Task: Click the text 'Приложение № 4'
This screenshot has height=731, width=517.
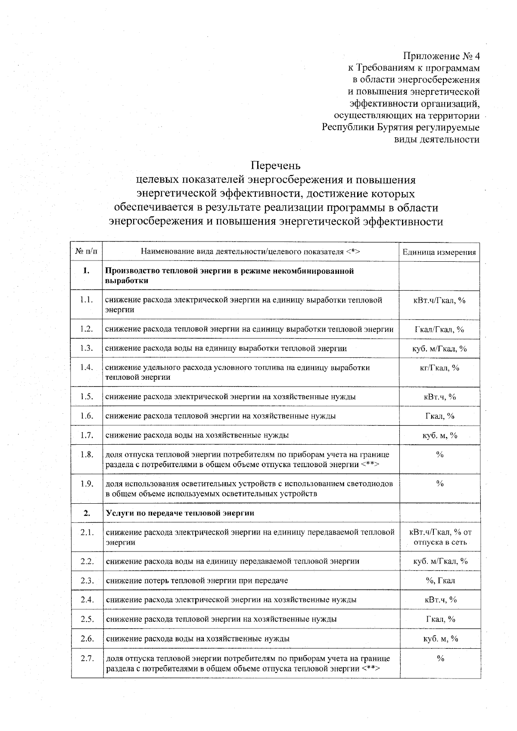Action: coord(441,56)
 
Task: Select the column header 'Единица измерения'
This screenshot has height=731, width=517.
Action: coord(439,252)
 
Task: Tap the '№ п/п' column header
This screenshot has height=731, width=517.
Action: coord(87,252)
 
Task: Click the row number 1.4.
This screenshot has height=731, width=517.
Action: coord(87,367)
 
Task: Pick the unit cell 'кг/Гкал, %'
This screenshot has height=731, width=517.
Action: coord(439,368)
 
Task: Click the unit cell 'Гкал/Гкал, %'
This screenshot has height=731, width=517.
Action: coord(439,330)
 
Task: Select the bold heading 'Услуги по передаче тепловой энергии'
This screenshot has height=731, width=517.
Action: coord(180,513)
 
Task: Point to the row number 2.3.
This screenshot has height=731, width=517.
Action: coord(87,580)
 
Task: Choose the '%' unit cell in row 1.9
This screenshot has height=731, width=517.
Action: coord(440,484)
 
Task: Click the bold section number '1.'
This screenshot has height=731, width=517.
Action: coord(87,271)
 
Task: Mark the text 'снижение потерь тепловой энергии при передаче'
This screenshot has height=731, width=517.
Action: coord(197,580)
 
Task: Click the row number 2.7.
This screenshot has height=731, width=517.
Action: coord(87,658)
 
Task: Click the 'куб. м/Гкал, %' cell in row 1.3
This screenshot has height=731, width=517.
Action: coord(439,349)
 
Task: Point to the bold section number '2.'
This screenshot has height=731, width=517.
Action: coord(87,513)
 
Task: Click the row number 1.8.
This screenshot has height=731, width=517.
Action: coord(87,455)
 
